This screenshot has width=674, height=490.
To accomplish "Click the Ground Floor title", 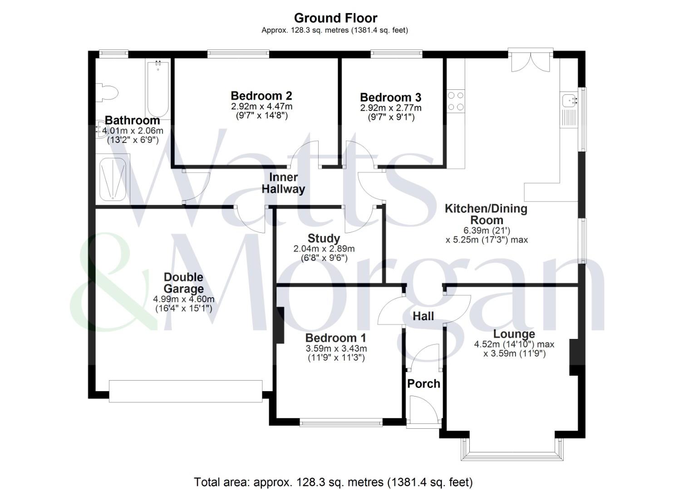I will pos(335,18).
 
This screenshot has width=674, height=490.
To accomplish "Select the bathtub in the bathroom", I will pos(157,89).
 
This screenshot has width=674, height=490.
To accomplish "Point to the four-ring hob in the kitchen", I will pos(456,101).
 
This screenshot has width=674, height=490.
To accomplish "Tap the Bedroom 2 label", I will pos(261,96).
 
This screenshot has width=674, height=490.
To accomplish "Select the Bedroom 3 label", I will pos(390,97).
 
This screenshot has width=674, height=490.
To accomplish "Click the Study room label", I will pos(324,238).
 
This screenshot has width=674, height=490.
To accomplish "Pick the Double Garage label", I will pos(183,283).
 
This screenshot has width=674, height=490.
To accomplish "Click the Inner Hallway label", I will pos(283,183).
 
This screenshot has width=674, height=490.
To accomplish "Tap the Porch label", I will pos(423,383).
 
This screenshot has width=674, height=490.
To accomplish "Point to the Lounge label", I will pos(514,334).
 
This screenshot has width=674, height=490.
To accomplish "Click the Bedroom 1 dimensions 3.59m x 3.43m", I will pos(336,348).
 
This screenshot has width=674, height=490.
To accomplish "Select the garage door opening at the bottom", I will pos(185,391).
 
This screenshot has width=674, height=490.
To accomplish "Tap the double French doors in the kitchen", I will pos(530,60).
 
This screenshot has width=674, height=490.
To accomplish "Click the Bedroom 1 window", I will pos(340,422).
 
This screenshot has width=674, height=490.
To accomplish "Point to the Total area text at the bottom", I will pos(333,481).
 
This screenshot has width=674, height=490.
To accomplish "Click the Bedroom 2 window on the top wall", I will pos(238,54).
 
